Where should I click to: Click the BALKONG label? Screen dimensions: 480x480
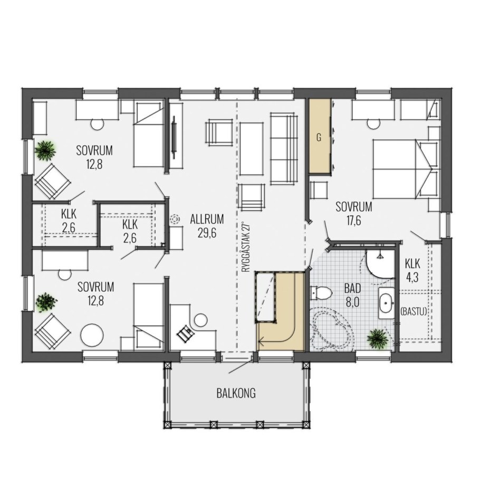[x=236, y=393]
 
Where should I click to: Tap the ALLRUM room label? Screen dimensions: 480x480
[x=207, y=219]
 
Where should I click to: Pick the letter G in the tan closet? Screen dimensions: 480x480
[x=319, y=138]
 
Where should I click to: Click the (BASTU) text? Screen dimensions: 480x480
[x=413, y=312]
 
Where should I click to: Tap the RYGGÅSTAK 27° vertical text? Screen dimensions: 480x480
[x=247, y=247]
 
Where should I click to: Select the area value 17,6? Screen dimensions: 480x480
[x=353, y=221]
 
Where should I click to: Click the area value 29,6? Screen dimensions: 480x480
[x=207, y=234]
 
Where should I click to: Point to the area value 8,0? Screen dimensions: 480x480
[x=352, y=303]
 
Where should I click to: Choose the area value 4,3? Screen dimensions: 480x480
[x=412, y=278]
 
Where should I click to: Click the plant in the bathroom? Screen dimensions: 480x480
[x=378, y=338]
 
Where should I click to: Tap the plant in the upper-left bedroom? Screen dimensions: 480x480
[x=45, y=150]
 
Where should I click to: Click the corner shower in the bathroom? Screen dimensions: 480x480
[x=380, y=264]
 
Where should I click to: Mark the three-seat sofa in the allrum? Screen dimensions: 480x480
[x=284, y=148]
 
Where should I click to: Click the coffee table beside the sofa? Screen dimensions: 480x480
[x=252, y=149]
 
